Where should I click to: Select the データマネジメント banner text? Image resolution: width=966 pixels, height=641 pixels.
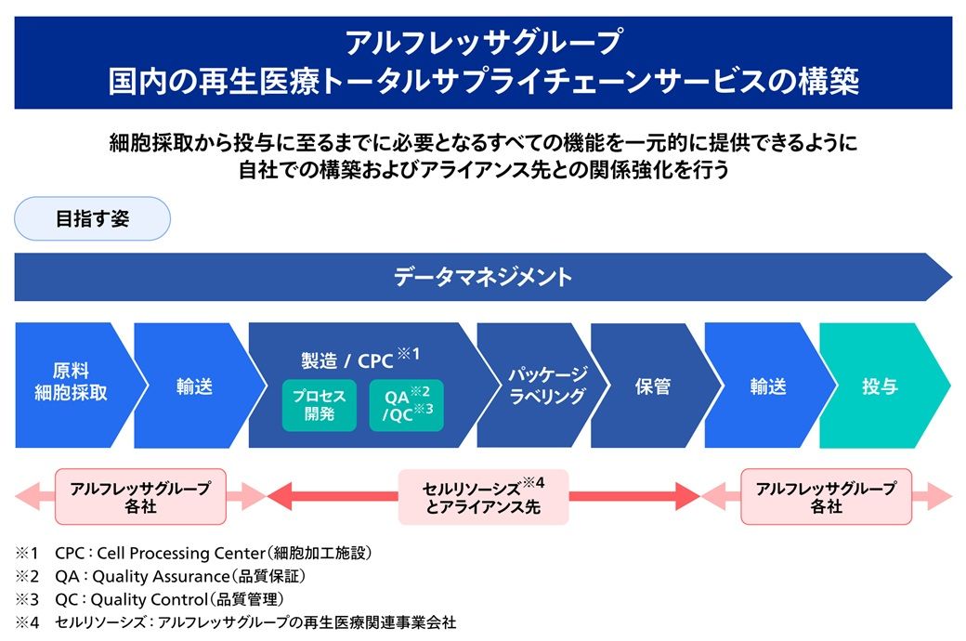482,277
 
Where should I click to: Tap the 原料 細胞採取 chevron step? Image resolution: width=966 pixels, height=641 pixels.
70,383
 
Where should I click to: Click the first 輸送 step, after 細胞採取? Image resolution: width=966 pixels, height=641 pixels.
194,386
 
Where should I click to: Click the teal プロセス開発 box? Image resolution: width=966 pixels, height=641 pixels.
319,405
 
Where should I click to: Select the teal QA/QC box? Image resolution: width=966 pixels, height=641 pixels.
406,405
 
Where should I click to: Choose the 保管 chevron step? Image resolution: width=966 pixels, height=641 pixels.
653,386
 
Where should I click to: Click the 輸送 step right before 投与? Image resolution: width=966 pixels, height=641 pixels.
767,386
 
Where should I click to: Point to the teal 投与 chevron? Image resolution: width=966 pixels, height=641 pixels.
879,386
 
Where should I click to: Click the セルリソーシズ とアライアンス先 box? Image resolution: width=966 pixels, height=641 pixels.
482,497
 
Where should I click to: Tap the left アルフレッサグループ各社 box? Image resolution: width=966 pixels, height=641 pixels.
140,497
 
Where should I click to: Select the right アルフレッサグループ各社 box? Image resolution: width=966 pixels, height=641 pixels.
826,497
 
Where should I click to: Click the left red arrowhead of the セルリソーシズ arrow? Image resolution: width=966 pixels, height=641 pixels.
279,497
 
